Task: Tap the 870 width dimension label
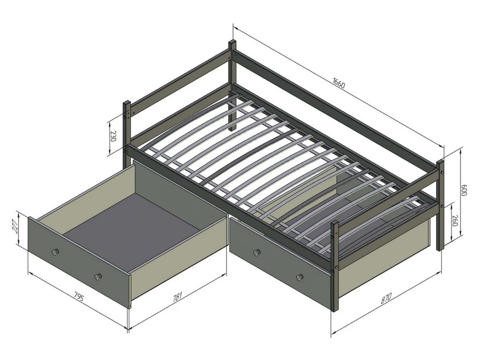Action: pyautogui.click(x=386, y=298)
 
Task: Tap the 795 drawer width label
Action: pyautogui.click(x=78, y=297)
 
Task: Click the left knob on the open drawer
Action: pyautogui.click(x=55, y=252)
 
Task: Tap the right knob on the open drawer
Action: pyautogui.click(x=98, y=276)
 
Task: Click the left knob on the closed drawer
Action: pyautogui.click(x=257, y=252)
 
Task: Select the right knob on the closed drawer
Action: pyautogui.click(x=300, y=277)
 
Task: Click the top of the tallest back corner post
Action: pyautogui.click(x=232, y=42)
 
